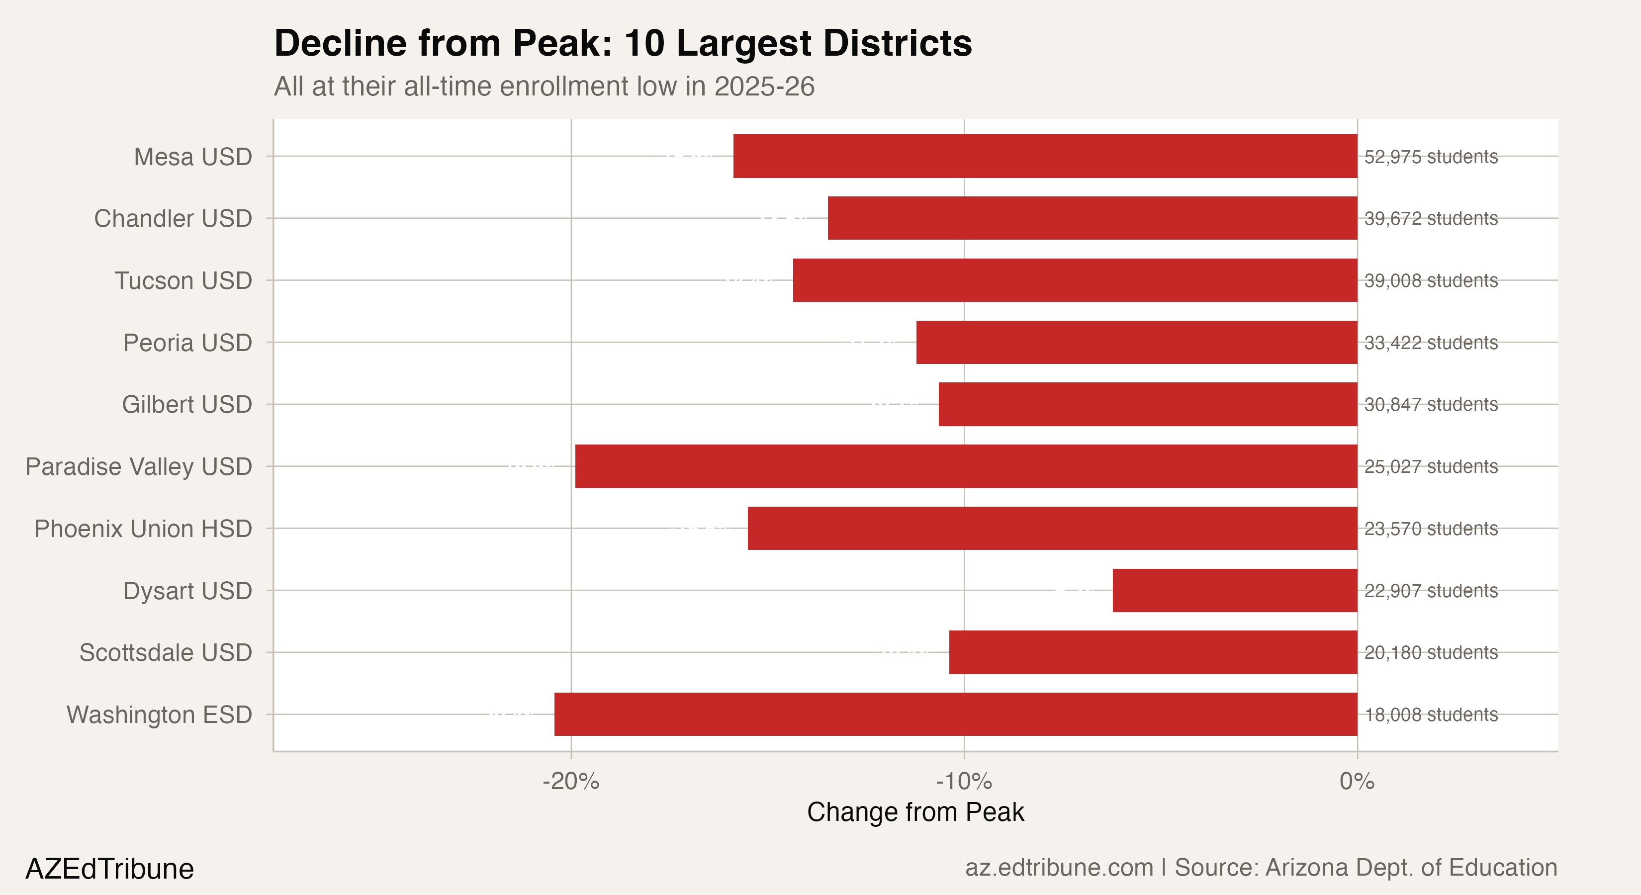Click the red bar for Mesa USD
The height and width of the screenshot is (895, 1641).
point(1045,156)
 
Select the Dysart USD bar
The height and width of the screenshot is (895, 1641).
point(1235,591)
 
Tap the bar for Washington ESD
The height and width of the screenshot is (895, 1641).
point(956,714)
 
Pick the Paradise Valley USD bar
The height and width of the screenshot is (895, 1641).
point(966,466)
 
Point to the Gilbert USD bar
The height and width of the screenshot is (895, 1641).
point(1148,405)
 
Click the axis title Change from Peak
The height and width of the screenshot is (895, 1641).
point(915,812)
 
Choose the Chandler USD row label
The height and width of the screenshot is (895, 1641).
point(173,218)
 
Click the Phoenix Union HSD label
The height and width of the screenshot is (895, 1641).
point(143,529)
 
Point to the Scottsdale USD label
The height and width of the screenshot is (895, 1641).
point(166,652)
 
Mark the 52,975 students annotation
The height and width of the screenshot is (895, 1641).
point(1431,157)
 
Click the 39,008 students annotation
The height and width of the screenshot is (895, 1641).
point(1431,280)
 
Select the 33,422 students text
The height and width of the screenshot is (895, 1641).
point(1431,343)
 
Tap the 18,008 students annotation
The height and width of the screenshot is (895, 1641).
point(1431,715)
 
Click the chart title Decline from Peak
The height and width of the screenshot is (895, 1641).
point(623,43)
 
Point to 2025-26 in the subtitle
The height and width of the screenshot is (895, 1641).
point(764,87)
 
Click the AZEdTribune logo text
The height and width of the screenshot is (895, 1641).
point(109,869)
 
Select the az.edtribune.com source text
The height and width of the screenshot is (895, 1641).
point(1059,868)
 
